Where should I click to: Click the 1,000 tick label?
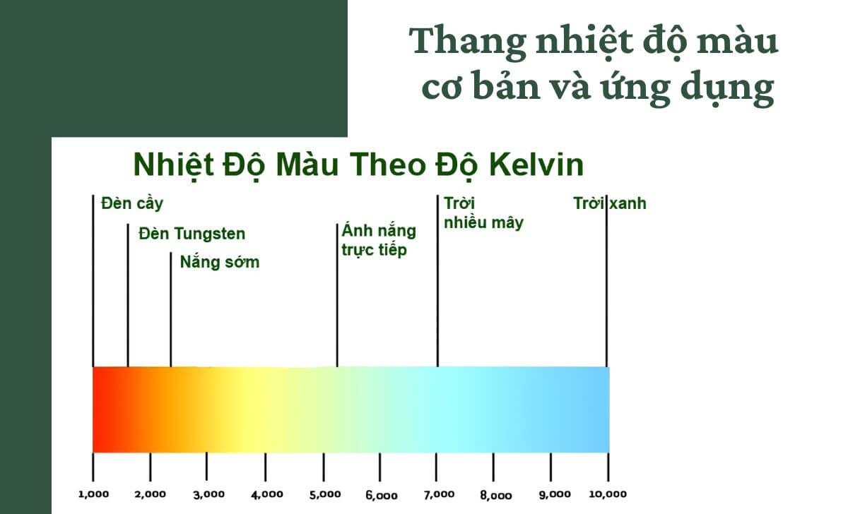point(93,494)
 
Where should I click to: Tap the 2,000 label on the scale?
point(151,494)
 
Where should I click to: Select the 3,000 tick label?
point(208,494)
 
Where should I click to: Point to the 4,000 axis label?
point(266,494)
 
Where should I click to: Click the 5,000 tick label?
point(324,494)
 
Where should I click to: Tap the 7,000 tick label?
point(439,494)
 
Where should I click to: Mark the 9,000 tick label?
point(555,494)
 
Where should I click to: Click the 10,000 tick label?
point(608,494)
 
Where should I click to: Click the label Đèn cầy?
point(132,204)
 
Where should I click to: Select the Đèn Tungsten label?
point(192,234)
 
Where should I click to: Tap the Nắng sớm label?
point(219,263)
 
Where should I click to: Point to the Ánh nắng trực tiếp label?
point(378,241)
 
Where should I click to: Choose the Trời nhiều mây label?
point(483,213)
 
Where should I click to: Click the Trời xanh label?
point(609,204)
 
